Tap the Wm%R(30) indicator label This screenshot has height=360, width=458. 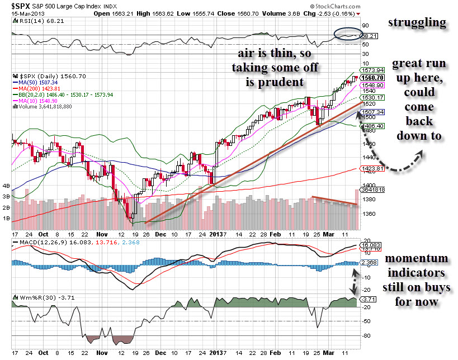click(x=36, y=297)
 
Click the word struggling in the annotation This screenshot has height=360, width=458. click(x=417, y=23)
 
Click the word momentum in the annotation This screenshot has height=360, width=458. click(x=417, y=258)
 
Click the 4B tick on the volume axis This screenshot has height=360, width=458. click(x=7, y=186)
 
